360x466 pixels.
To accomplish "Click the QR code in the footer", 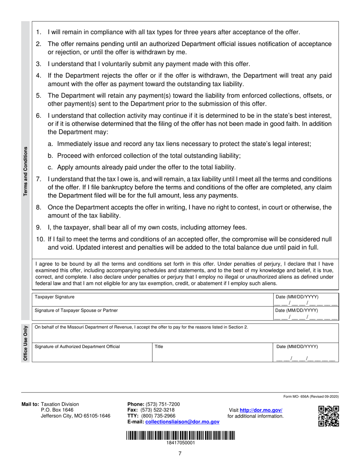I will coord(328,416).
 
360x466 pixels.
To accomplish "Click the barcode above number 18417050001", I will coord(180,435).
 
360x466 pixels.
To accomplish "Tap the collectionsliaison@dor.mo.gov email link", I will coord(182,422).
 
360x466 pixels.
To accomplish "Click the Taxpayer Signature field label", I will coord(55,297).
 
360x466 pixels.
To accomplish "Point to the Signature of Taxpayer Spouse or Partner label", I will coord(76,310).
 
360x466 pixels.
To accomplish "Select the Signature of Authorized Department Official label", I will coord(77,346).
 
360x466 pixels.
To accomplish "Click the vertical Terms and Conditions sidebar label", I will coord(26,171).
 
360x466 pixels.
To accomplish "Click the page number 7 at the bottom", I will coord(180,453).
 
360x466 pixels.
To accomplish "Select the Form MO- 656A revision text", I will coord(311,397).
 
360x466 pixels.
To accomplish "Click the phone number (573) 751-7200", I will coord(164,404).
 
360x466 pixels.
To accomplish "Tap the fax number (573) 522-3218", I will coord(157,410).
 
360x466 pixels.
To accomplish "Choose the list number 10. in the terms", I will coord(40,239).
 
